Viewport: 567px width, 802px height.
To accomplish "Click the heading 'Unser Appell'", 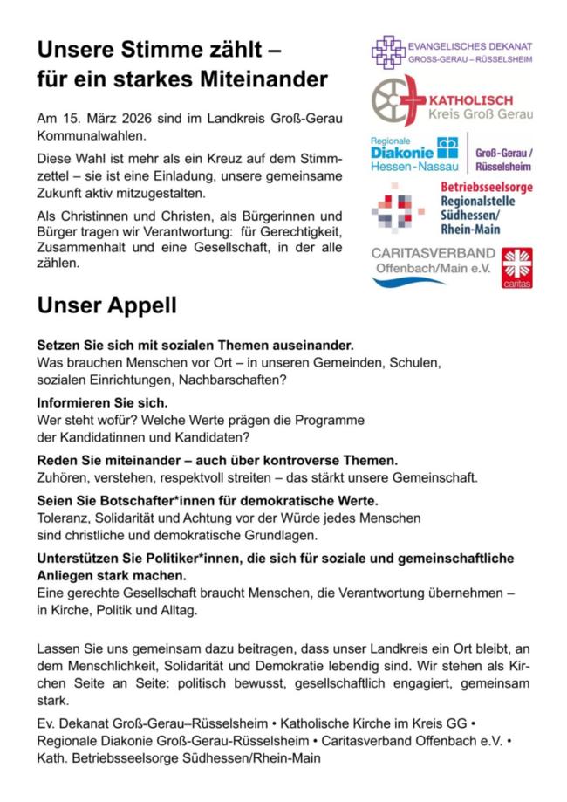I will point(106,306).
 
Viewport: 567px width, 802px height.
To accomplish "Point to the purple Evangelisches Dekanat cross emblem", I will point(388,51).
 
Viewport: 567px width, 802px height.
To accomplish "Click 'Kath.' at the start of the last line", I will point(52,758).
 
